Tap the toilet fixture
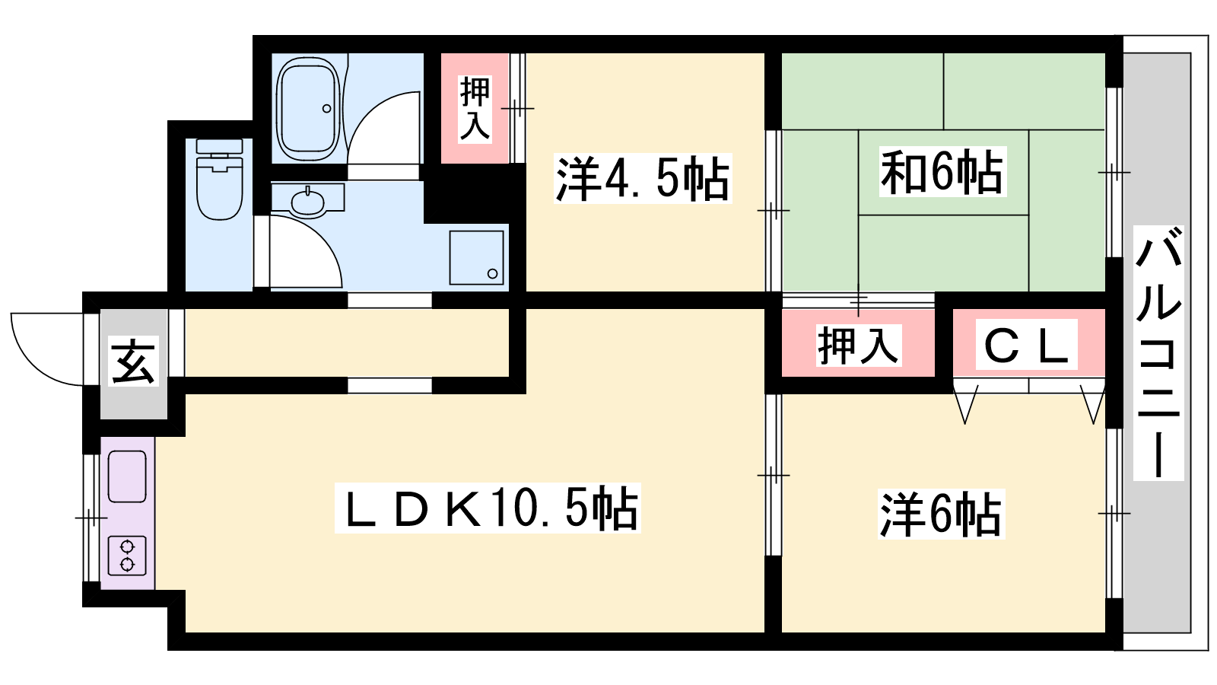pos(220,180)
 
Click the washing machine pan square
pos(476,258)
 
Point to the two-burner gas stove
pos(127,556)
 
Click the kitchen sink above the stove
pos(127,476)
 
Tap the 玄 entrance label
pos(133,361)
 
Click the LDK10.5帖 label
pos(488,508)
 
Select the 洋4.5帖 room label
pos(643,179)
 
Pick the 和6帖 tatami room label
pos(942,172)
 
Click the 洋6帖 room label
pos(941,514)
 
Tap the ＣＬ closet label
pos(1026,345)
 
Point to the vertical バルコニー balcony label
pos(1158,353)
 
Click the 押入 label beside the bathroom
pos(475,110)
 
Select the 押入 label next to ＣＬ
pos(859,346)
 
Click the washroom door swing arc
pos(326,239)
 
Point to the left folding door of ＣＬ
pos(965,403)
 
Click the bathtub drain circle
pos(326,109)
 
